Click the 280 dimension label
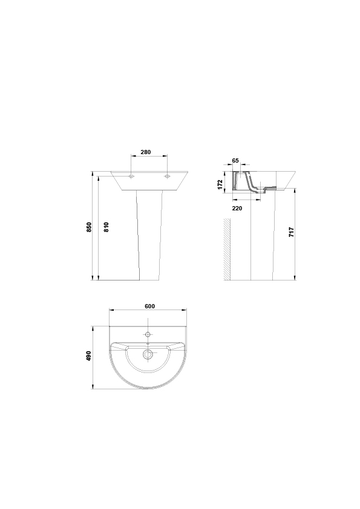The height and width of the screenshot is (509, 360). coord(146,152)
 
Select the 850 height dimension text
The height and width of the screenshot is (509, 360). coord(90,227)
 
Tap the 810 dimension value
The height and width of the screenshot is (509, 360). coord(106,227)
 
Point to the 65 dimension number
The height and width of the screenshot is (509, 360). coord(235,160)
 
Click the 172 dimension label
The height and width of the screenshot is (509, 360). coord(220,184)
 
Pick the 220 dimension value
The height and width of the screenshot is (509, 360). coord(237,209)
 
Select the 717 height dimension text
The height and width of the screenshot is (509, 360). coord(292,232)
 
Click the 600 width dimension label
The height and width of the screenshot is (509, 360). coord(150,306)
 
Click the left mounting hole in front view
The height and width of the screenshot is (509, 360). coord(131,177)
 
